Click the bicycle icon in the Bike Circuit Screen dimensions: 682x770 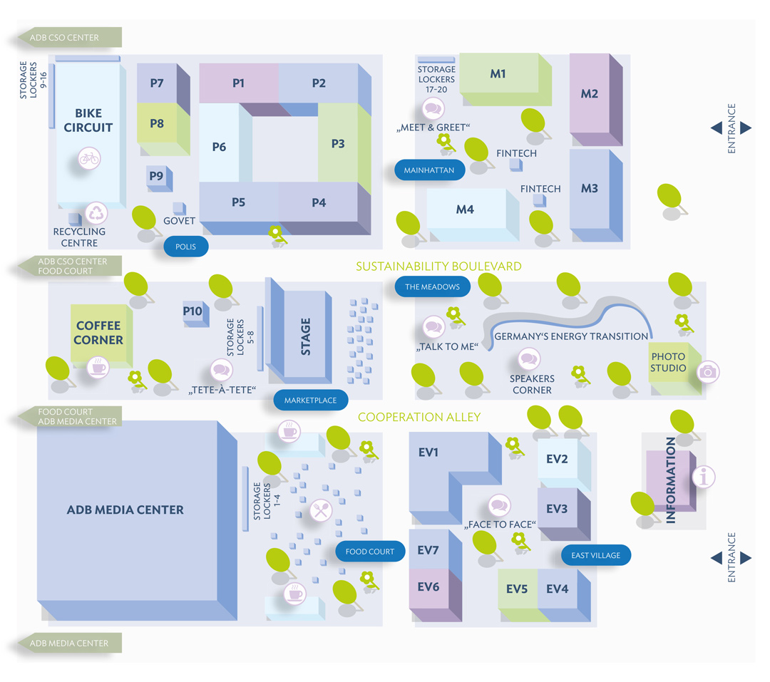coord(89,157)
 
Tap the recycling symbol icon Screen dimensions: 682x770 coord(96,213)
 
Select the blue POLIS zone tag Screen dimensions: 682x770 coord(185,247)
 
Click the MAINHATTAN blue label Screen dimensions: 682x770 coord(429,171)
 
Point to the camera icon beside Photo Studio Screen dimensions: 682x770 coord(708,371)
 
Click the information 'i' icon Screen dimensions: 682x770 coord(704,477)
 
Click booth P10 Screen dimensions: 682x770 coord(192,312)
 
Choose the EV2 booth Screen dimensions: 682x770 coord(558,460)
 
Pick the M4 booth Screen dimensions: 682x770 coord(466,210)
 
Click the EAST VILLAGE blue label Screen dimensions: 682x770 coord(596,555)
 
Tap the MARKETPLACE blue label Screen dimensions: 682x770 coord(310,400)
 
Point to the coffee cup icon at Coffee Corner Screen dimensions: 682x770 coord(97,368)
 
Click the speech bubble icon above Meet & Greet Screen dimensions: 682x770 coord(433,109)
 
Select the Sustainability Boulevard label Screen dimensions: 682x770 coord(438,267)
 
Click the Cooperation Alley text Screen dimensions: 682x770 coord(419,417)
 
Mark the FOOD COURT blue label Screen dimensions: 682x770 coord(369,552)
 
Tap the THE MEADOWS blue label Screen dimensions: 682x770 coord(433,287)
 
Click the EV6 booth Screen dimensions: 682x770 coord(428,587)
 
